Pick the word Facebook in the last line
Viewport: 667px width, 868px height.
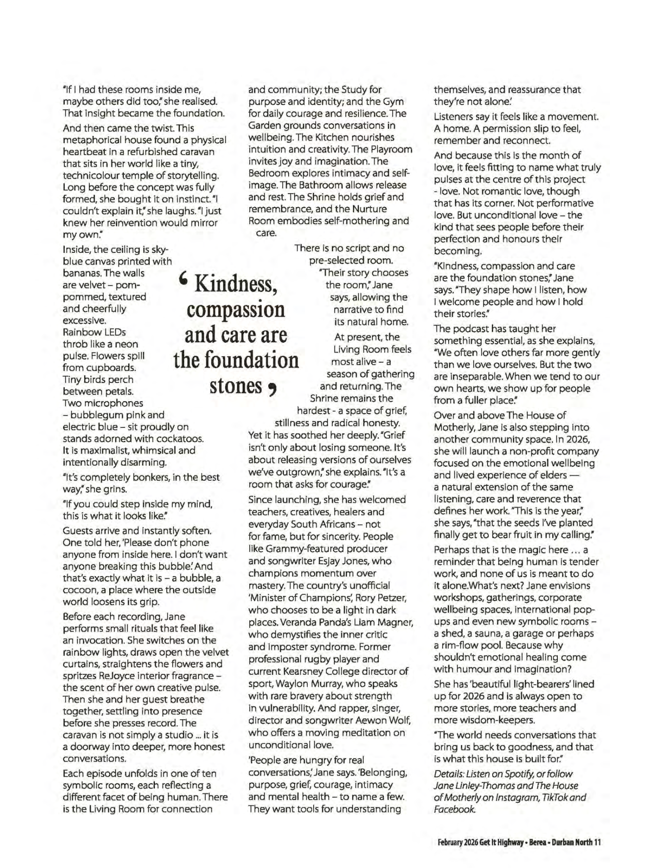tap(454, 809)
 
